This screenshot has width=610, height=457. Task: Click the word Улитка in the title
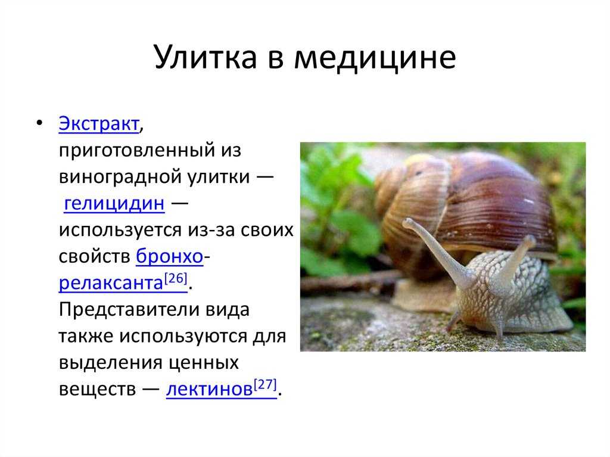tap(206, 57)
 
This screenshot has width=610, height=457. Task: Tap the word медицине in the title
tap(375, 58)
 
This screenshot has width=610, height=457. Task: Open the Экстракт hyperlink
tap(99, 124)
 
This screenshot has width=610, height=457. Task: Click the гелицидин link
tap(114, 203)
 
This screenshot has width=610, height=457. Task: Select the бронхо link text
tap(170, 256)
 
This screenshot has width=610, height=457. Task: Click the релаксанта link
tap(111, 283)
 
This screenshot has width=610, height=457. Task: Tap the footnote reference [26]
tap(176, 279)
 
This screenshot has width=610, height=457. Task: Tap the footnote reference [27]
tap(265, 384)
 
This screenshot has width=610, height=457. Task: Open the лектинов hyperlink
tap(210, 389)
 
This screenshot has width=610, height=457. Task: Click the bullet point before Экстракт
tap(39, 123)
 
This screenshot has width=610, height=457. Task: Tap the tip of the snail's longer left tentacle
tap(406, 223)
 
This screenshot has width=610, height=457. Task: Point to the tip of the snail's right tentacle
tap(530, 240)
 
